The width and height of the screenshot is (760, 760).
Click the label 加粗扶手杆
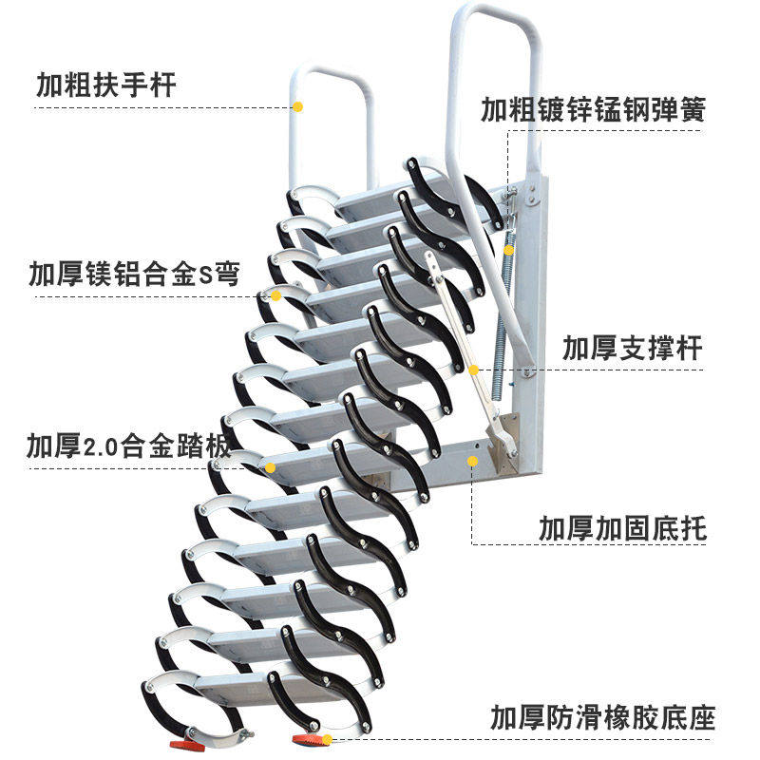106,85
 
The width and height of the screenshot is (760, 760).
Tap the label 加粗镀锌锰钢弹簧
593,109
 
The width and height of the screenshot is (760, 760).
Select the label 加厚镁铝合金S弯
133,275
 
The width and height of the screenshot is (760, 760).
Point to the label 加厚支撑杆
633,348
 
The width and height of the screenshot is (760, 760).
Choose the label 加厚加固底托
623,528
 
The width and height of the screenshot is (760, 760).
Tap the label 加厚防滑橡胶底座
602,715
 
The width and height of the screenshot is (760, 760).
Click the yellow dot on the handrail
297,106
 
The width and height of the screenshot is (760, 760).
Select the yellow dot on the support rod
473,370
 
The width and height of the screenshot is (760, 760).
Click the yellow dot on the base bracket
472,461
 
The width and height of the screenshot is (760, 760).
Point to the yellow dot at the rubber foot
327,739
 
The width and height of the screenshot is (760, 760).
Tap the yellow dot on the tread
270,467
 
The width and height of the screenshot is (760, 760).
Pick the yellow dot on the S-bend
275,295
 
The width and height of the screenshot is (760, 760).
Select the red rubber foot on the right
306,738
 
